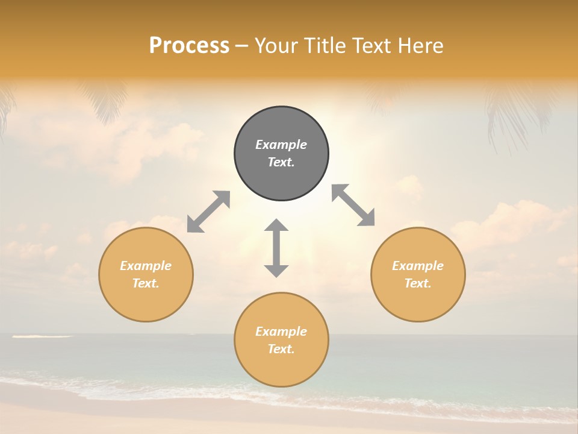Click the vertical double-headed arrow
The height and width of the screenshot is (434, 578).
pyautogui.click(x=276, y=248)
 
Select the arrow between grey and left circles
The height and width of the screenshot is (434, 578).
pyautogui.click(x=208, y=212)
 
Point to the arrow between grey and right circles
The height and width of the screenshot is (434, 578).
pyautogui.click(x=353, y=205)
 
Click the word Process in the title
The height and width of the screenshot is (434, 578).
pyautogui.click(x=189, y=45)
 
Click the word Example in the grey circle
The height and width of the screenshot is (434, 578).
pyautogui.click(x=281, y=145)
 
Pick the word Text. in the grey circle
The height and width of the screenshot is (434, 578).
pyautogui.click(x=281, y=162)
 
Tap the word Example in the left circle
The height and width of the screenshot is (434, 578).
pyautogui.click(x=146, y=266)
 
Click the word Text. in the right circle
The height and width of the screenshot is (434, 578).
pyautogui.click(x=418, y=283)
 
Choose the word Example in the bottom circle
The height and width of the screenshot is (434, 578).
pyautogui.click(x=281, y=332)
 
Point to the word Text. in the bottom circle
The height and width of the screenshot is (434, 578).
pyautogui.click(x=281, y=349)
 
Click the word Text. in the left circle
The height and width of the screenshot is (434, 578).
pyautogui.click(x=146, y=283)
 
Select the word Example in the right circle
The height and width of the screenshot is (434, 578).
pyautogui.click(x=418, y=266)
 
